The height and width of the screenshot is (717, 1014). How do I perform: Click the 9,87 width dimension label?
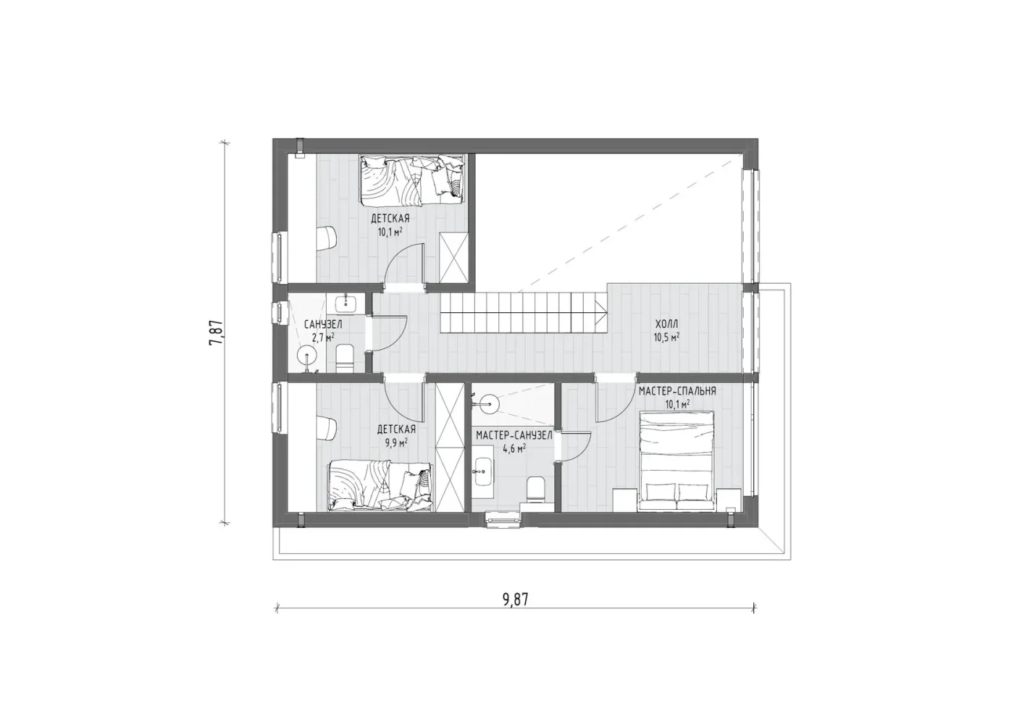[515, 600]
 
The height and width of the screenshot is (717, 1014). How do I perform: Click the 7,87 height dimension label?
[217, 333]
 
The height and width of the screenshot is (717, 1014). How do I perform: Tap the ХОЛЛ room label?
[666, 324]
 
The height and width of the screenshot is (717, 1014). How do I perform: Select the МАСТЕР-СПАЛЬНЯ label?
[677, 391]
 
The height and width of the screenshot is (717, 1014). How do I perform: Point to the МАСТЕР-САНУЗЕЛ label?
[514, 436]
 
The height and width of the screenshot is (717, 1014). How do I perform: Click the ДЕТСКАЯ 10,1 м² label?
[390, 225]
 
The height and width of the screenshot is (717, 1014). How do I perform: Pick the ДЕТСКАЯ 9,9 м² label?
[396, 435]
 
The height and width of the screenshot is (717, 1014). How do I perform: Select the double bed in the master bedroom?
[676, 461]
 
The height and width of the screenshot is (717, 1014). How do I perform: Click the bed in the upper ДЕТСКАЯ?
[412, 180]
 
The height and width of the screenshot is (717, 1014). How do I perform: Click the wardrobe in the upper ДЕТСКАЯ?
[455, 260]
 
